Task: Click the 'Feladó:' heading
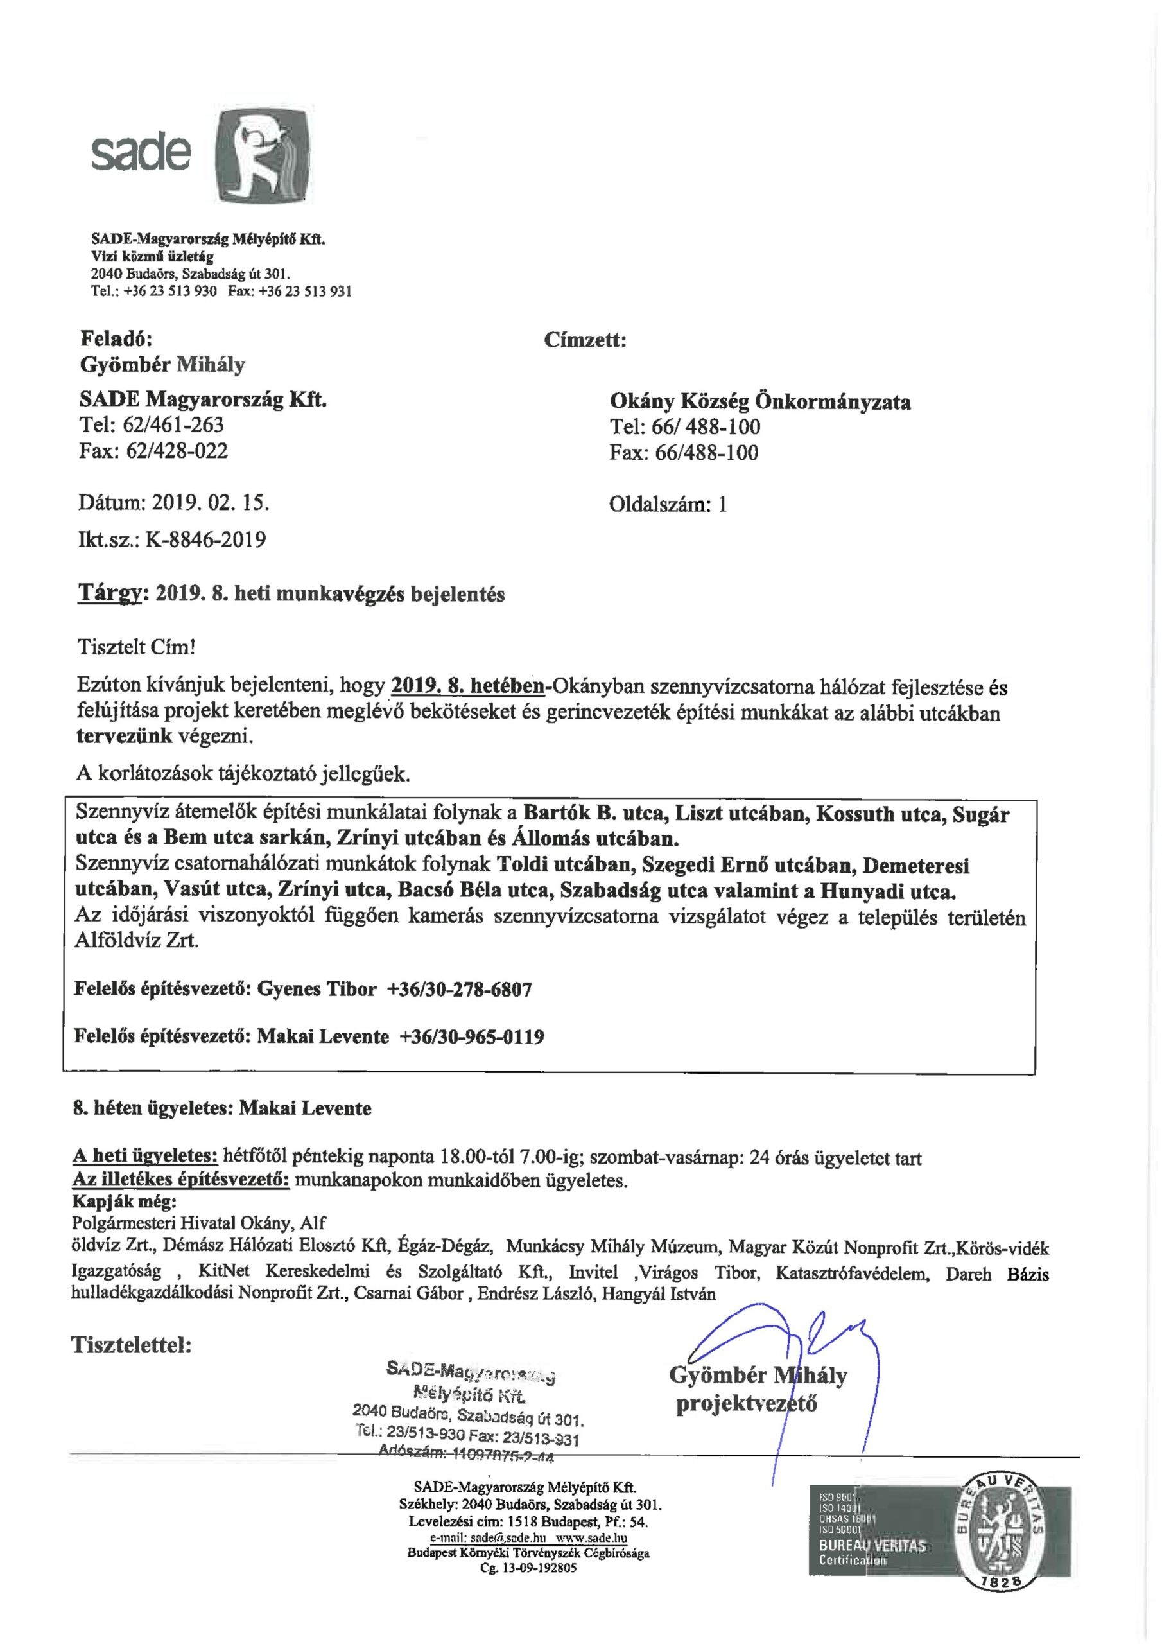click(x=116, y=338)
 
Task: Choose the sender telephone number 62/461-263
click(x=173, y=424)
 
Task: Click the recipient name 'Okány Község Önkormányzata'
click(x=759, y=402)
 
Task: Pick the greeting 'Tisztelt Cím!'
click(x=136, y=647)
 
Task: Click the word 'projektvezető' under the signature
click(x=746, y=1403)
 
